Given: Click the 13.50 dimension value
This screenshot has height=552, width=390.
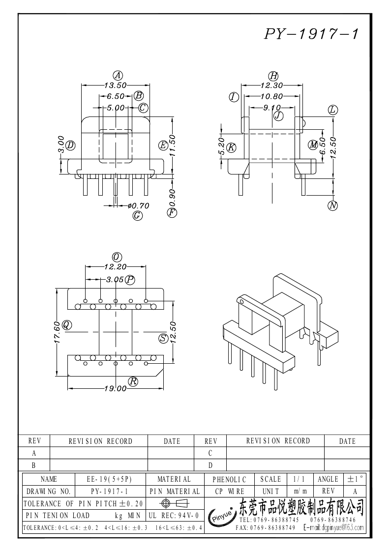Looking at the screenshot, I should coord(115,85).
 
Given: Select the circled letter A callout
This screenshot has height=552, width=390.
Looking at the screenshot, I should coord(118,75).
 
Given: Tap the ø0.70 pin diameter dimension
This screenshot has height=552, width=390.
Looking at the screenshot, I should coord(138,206).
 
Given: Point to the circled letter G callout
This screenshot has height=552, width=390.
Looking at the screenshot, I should coord(138,215).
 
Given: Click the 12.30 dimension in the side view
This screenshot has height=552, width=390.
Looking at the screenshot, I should coord(271,85).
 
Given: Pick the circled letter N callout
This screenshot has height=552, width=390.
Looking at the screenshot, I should coord(333,205).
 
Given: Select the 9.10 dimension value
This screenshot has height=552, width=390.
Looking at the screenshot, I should coord(272,108).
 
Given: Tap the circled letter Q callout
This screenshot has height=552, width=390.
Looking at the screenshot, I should coord(66,324).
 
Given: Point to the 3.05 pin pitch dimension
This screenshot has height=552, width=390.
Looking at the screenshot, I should coord(115,280).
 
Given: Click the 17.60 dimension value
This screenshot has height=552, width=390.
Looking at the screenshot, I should coord(57,332).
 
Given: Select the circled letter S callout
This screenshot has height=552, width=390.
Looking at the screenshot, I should coord(163,338).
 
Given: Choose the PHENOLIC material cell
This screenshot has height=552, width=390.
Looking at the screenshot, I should coord(229,479).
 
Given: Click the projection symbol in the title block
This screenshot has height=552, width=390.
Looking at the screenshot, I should coord(175,503).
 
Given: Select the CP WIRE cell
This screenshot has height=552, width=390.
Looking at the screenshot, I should coord(229,491).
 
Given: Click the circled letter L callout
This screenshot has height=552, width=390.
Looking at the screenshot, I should coord(333,110).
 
